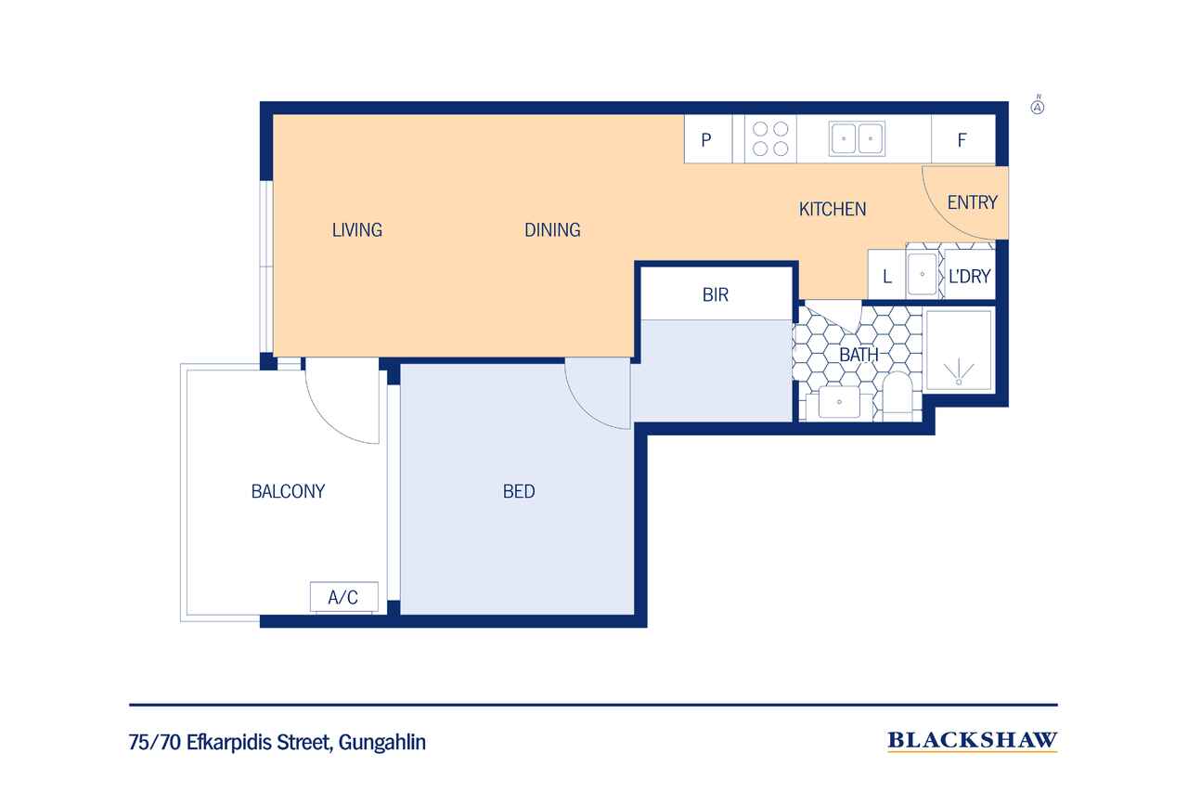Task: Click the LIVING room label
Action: coord(357,230)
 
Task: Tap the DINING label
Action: coord(552,230)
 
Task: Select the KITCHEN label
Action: coord(833,210)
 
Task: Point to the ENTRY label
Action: coord(972,202)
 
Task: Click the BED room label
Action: coord(519,492)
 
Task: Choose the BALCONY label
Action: coord(288,492)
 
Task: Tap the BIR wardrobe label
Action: coord(715,295)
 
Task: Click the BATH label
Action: coord(859,355)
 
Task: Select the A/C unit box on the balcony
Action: coord(344,597)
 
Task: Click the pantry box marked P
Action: coord(708,139)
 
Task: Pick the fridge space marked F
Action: coord(963,139)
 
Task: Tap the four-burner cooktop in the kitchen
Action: coord(770,139)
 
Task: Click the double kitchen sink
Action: coord(857,139)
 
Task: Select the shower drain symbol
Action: coord(959,372)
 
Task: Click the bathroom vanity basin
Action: coord(839,402)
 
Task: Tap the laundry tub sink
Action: coord(923,274)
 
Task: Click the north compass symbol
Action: coord(1038,107)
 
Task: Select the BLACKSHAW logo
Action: coord(973,741)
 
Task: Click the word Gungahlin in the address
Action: coord(381,743)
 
